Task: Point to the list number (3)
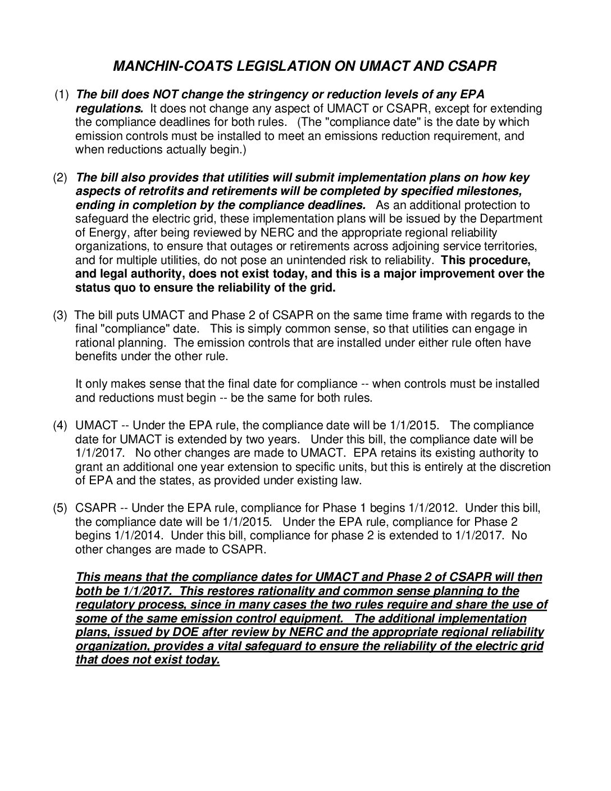point(60,315)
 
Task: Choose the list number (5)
point(60,508)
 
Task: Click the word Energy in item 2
point(105,233)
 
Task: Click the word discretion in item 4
point(523,467)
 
